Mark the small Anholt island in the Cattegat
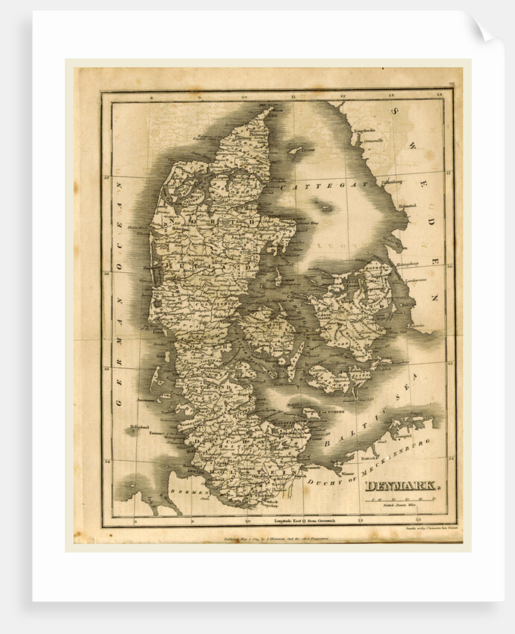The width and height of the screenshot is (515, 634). [x=325, y=207]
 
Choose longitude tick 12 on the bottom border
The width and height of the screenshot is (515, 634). [x=360, y=521]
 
